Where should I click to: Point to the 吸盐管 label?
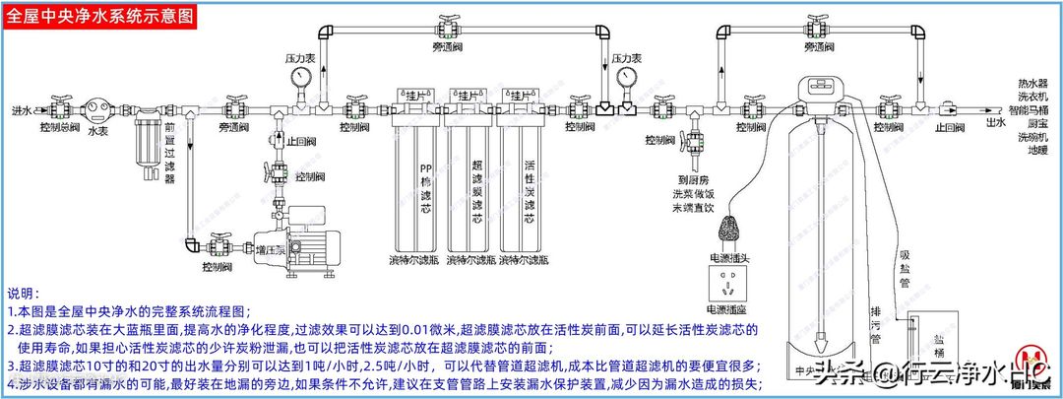pyautogui.click(x=905, y=267)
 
